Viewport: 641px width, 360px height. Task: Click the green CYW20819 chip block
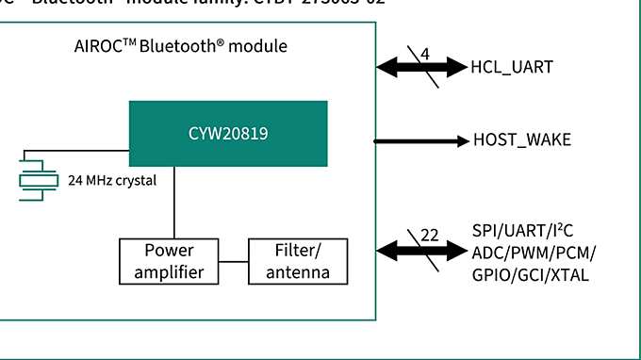(x=228, y=134)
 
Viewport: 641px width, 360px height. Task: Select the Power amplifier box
(x=169, y=262)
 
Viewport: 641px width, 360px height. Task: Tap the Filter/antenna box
(x=297, y=262)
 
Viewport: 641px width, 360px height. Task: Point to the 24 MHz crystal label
(x=111, y=180)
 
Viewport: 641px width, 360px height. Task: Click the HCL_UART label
(x=512, y=67)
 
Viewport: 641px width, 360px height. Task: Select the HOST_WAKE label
(x=521, y=141)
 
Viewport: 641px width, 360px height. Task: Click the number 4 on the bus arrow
(x=425, y=55)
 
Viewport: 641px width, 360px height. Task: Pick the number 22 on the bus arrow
(x=429, y=236)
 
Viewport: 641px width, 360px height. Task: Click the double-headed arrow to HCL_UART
(x=419, y=67)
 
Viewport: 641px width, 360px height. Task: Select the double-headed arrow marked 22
(x=419, y=250)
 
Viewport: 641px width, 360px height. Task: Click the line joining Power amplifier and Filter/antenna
(x=233, y=262)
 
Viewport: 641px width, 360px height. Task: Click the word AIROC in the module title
(x=96, y=46)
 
